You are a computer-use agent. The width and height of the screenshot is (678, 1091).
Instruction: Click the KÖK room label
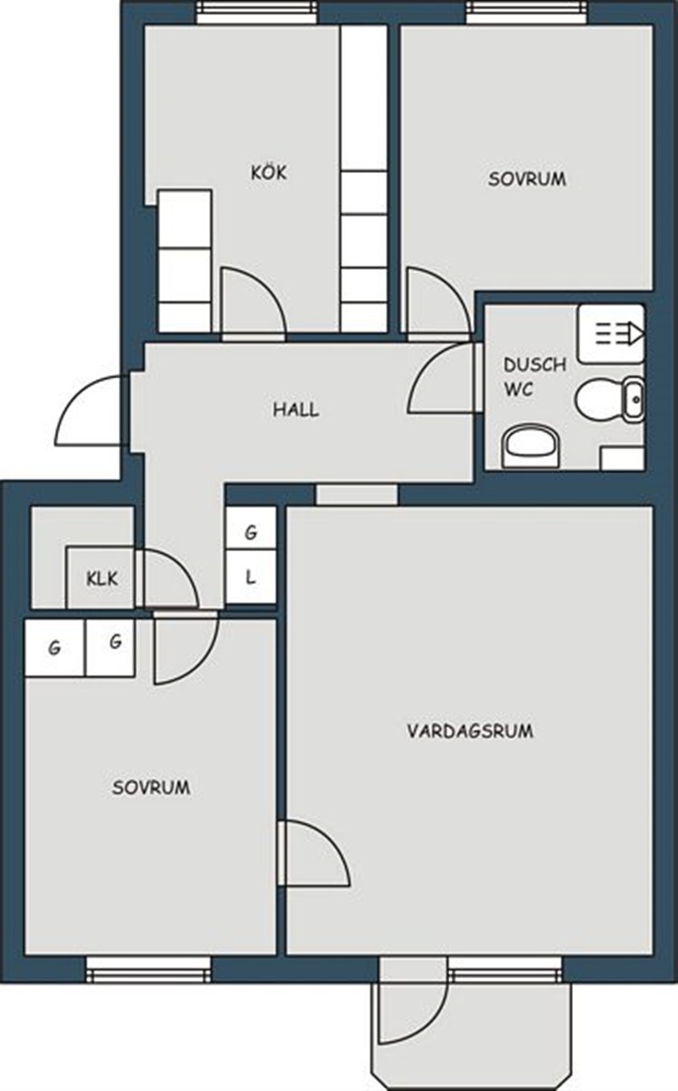(269, 172)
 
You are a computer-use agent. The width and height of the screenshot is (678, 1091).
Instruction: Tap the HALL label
(296, 409)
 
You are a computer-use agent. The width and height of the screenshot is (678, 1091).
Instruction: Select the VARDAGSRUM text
(470, 731)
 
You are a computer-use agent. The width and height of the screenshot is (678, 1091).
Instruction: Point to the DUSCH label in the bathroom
(535, 365)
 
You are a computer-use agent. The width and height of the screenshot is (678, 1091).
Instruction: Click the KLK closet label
(103, 579)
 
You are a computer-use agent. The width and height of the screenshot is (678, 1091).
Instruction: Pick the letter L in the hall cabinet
(251, 577)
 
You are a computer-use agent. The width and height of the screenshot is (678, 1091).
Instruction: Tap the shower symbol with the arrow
(611, 334)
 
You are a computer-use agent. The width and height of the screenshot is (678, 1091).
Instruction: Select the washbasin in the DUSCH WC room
(531, 447)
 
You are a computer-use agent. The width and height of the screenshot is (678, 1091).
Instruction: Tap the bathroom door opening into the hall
(441, 378)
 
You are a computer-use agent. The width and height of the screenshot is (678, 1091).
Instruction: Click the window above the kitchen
(257, 12)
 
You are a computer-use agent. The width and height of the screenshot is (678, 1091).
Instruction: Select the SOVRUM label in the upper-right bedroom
(527, 179)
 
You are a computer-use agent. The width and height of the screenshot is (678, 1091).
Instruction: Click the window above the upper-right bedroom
(527, 12)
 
